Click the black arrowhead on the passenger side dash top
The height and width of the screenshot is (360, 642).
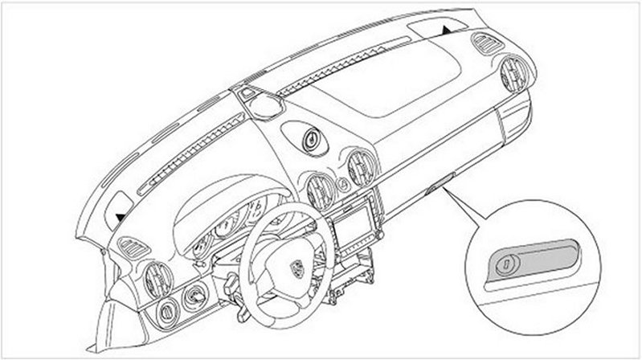pos(445,29)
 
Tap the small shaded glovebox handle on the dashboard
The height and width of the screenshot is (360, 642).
pos(435,190)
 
